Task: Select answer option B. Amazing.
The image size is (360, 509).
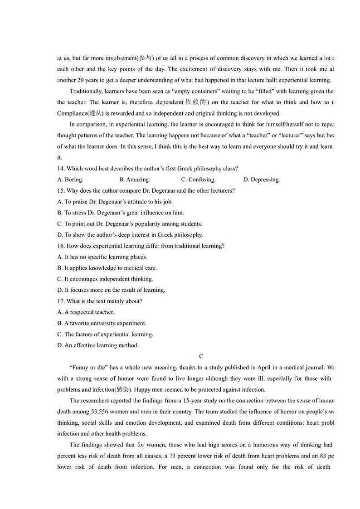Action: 134,180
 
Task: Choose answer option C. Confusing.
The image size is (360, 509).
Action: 198,180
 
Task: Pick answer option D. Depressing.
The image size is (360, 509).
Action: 262,180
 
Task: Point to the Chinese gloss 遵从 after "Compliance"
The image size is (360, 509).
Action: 94,113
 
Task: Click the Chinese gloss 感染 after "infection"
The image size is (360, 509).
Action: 122,390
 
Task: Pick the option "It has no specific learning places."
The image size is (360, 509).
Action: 102,257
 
